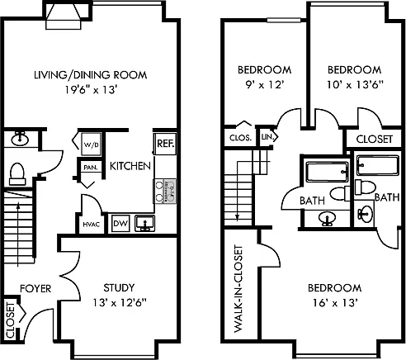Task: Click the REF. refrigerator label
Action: point(166,144)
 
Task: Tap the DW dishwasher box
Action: point(120,223)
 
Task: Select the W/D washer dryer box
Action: point(91,144)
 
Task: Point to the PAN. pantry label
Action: point(90,167)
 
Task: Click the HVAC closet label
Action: point(91,225)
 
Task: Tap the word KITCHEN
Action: point(130,166)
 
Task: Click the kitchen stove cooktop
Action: point(165,192)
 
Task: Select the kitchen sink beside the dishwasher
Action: point(144,223)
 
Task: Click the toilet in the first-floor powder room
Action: point(17,173)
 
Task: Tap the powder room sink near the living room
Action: point(20,139)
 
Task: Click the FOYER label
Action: point(35,288)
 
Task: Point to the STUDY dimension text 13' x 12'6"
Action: point(119,303)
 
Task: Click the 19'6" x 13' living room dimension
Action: point(92,89)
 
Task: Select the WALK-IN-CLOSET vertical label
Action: point(238,289)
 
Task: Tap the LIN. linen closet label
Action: point(267,136)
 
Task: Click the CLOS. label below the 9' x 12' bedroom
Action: point(240,138)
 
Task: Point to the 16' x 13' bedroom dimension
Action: point(335,303)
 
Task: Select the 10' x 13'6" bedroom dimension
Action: point(355,84)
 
